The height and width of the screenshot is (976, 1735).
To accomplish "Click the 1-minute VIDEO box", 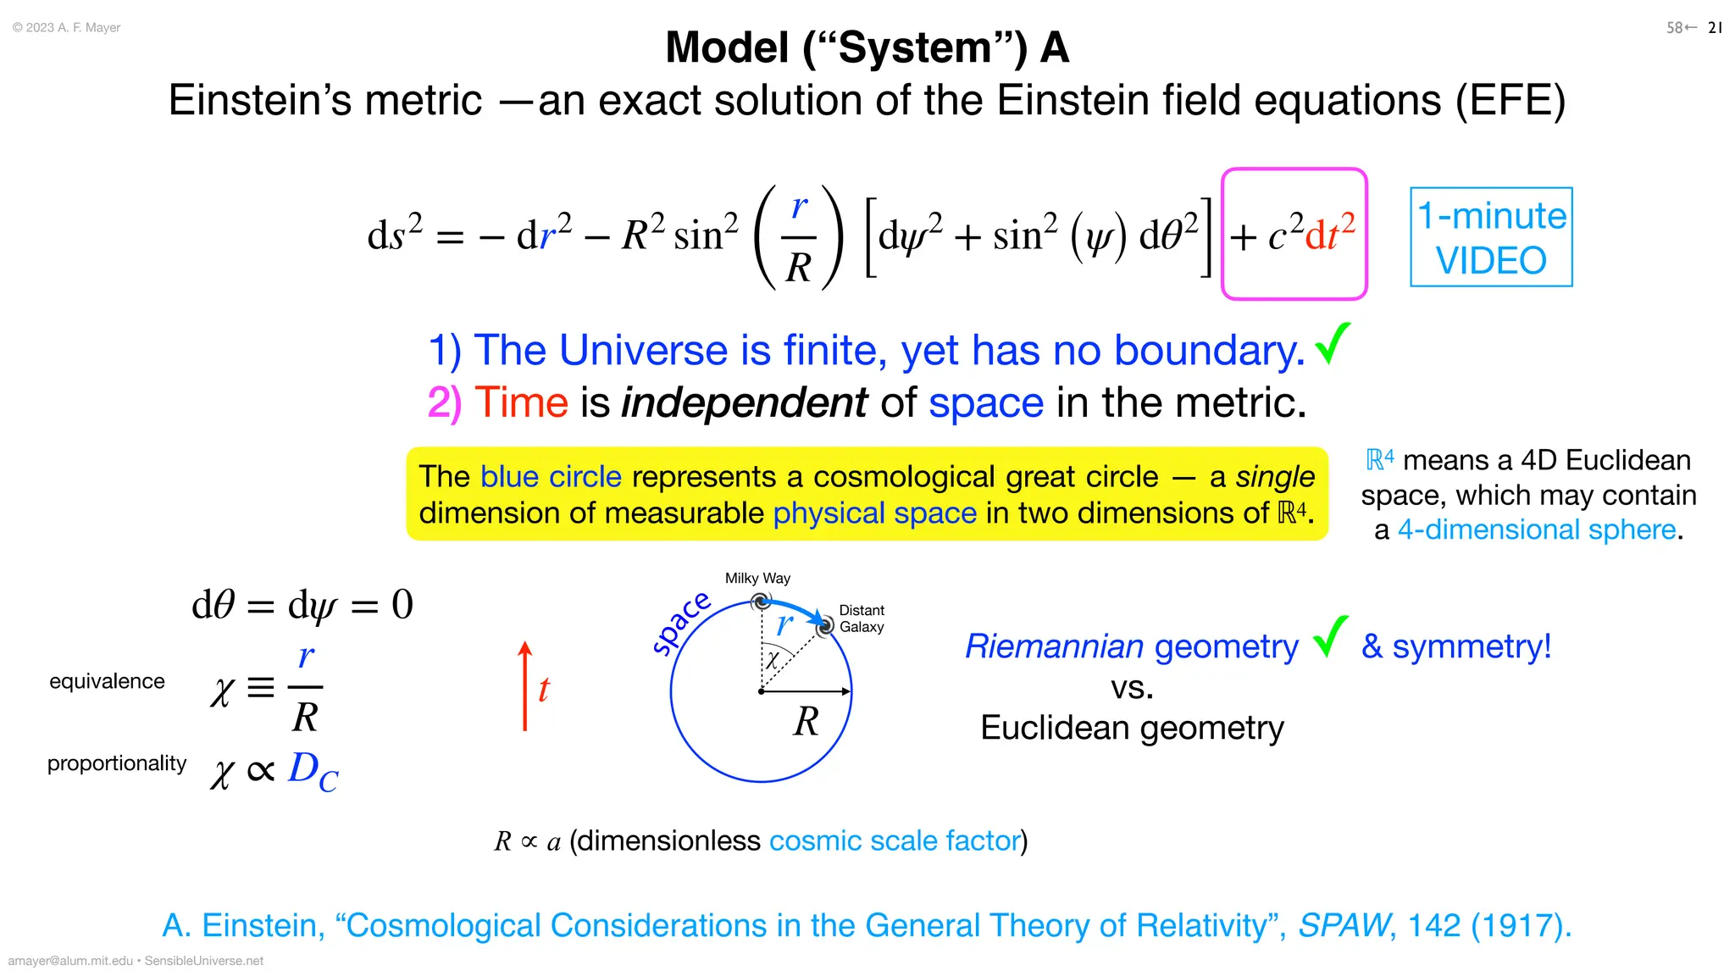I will (x=1491, y=237).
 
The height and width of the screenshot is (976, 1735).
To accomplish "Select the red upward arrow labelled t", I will (x=525, y=686).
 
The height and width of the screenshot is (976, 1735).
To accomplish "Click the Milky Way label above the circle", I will (x=757, y=579).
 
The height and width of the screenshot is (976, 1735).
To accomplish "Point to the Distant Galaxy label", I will (x=862, y=618).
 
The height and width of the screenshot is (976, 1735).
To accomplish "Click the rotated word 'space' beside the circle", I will (x=681, y=623).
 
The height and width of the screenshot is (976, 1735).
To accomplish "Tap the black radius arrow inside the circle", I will (x=806, y=691).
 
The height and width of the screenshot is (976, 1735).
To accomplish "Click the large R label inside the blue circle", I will (x=807, y=722).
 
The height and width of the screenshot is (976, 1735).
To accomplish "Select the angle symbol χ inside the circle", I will (x=773, y=660).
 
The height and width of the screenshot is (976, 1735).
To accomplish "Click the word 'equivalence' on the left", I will (x=107, y=681).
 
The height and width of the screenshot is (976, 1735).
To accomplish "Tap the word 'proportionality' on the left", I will (x=117, y=763).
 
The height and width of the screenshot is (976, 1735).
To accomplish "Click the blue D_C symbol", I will (x=313, y=770).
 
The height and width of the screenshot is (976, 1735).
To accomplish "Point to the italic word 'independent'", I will (x=745, y=402).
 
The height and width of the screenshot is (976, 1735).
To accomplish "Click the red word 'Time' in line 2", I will (x=521, y=402).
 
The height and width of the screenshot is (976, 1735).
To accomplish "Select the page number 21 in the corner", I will (x=1716, y=28).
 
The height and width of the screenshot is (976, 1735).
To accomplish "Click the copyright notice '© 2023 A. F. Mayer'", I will (x=67, y=28).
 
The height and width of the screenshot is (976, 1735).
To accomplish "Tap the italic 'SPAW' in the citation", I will (x=1344, y=925).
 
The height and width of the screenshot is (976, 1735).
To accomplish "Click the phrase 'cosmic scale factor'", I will (x=895, y=840).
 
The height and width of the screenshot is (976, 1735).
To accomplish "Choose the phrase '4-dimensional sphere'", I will (x=1537, y=530).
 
